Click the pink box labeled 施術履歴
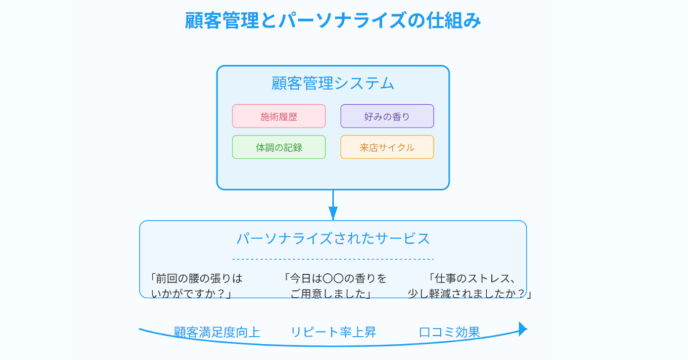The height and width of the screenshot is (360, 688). tap(279, 116)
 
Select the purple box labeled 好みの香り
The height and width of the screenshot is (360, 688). tap(387, 116)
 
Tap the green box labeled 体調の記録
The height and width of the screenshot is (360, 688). tap(279, 147)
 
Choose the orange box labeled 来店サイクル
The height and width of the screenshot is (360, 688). tap(387, 147)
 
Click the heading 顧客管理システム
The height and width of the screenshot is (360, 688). tap(333, 83)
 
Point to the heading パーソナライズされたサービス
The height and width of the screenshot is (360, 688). tap(333, 238)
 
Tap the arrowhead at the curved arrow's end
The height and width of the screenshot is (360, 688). tap(523, 329)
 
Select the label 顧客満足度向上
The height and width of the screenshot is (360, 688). tap(217, 332)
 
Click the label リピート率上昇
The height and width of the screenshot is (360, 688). tap(333, 332)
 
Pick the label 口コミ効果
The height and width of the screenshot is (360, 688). tap(449, 332)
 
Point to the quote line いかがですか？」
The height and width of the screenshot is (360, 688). tap(191, 294)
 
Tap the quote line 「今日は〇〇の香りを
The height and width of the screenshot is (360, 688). tap(335, 279)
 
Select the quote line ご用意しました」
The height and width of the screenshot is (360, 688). tap(331, 294)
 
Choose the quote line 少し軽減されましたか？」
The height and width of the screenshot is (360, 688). tap(469, 294)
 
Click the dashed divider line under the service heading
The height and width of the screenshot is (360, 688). tap(333, 259)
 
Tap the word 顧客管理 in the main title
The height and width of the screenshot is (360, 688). tap(222, 21)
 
